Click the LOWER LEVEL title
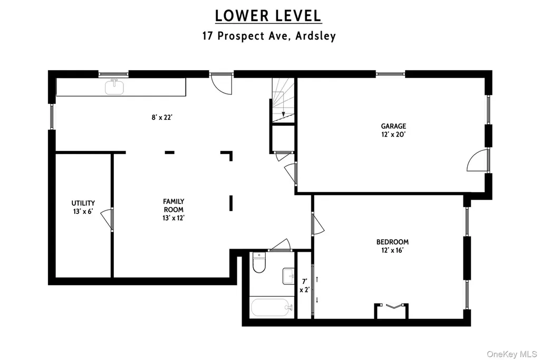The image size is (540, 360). (x=268, y=15)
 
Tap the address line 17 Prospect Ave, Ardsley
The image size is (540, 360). (x=269, y=36)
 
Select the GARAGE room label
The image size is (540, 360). (x=393, y=126)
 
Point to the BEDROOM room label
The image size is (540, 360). (x=392, y=242)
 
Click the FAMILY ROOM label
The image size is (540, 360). (x=173, y=205)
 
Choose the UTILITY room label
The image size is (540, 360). (x=83, y=203)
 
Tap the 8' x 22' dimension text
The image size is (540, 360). (x=162, y=117)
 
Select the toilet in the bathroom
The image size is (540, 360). (x=259, y=262)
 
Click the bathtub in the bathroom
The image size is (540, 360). (x=272, y=308)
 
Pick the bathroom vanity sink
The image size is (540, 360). (x=288, y=276)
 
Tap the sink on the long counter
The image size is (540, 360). (x=114, y=87)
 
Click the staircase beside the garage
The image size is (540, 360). (x=283, y=100)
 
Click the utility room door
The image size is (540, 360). (x=107, y=219)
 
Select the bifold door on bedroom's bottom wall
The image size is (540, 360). (x=391, y=306)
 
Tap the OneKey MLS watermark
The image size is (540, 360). (x=512, y=354)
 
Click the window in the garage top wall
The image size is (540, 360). (x=390, y=73)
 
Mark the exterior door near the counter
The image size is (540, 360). (x=221, y=83)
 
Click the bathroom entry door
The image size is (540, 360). (x=279, y=244)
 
